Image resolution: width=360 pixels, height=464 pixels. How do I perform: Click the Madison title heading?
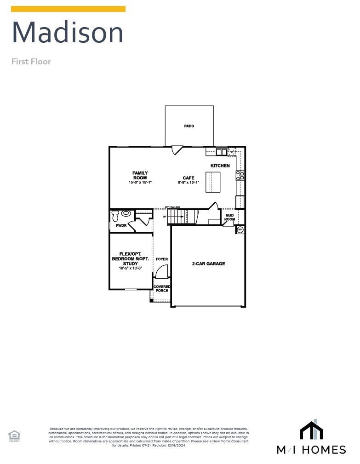[68, 33]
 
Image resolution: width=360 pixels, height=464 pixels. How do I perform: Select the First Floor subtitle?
[31, 62]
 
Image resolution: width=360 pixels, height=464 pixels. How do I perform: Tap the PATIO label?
[189, 126]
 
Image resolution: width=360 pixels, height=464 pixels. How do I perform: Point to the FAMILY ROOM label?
[140, 175]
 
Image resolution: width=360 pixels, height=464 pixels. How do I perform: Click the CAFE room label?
[189, 178]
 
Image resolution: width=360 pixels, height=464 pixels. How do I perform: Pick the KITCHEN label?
[220, 166]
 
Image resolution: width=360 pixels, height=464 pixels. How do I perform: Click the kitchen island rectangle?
[213, 182]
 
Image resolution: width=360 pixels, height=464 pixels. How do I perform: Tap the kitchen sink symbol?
[221, 152]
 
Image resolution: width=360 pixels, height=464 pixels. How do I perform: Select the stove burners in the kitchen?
[240, 175]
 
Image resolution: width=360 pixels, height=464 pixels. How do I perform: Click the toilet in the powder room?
[115, 216]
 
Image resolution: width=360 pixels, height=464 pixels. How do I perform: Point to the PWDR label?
[121, 225]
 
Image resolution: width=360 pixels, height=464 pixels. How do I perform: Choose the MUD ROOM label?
[229, 217]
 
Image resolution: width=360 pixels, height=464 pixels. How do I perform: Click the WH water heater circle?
[240, 229]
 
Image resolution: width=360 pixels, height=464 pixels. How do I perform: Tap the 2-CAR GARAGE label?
[208, 264]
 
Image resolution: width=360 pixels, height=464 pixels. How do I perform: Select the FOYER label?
[162, 259]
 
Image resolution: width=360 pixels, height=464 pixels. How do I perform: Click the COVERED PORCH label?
[162, 288]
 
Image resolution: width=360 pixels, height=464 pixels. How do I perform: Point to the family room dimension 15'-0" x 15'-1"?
[140, 183]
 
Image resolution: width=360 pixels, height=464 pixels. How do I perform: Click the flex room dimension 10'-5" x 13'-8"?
[130, 268]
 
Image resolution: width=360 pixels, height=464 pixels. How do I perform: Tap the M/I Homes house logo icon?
[311, 430]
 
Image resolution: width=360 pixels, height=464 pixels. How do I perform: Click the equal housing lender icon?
[14, 435]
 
